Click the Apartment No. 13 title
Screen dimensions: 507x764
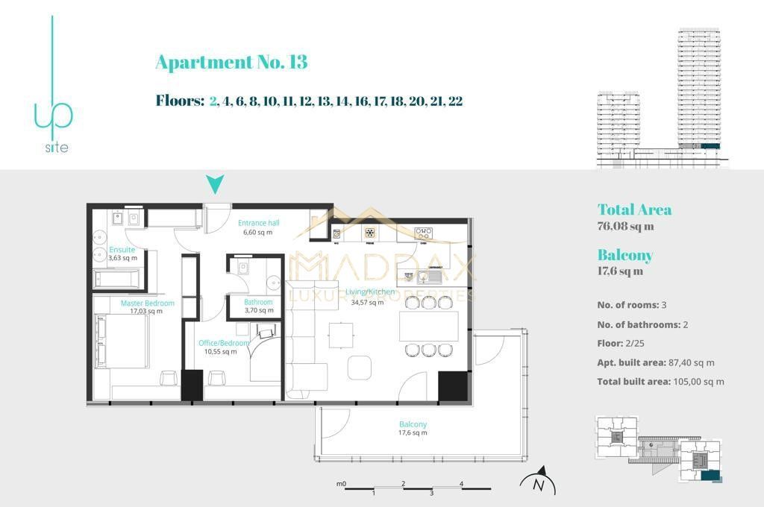231,63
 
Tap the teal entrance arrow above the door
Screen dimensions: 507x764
215,184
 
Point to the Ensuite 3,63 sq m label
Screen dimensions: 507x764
123,254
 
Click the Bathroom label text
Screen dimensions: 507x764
258,306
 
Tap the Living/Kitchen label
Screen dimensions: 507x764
365,297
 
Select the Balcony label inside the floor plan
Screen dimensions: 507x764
412,428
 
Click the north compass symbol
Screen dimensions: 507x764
539,482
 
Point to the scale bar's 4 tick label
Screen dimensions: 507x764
461,484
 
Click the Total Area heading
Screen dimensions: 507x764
634,210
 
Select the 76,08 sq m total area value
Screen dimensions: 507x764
625,227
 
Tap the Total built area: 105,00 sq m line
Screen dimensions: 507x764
660,382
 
